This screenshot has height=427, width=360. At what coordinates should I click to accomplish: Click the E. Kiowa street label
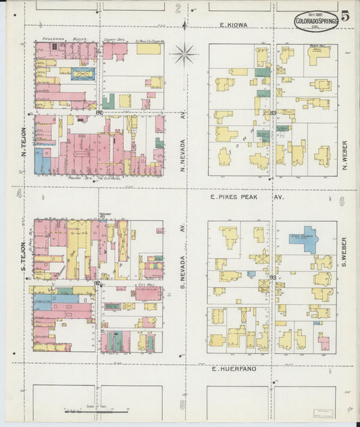234,25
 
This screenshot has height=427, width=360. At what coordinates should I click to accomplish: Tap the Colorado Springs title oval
316,22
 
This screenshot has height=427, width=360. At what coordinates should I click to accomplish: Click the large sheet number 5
345,17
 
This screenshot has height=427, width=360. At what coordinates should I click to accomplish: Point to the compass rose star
184,53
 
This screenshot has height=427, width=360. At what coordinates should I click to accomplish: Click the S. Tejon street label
24,257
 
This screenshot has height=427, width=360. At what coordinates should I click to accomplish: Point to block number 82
99,113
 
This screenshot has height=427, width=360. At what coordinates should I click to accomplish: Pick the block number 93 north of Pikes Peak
273,113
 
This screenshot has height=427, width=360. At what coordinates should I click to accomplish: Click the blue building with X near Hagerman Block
83,74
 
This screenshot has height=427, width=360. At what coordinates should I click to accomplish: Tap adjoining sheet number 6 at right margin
342,201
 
